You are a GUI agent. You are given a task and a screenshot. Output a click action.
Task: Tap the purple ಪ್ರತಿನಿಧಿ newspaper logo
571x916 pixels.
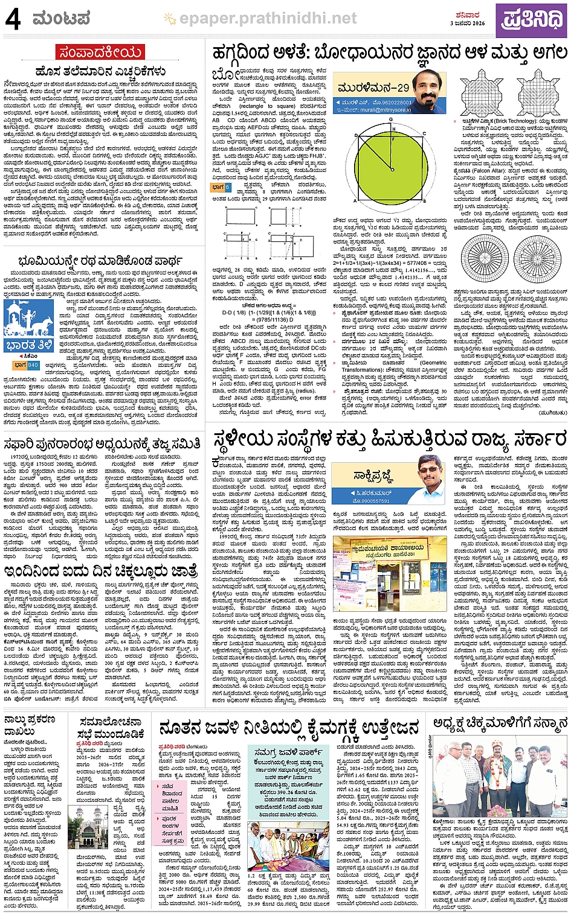[x=531, y=19]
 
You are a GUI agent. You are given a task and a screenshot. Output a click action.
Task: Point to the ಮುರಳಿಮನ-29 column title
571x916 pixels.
[x=372, y=87]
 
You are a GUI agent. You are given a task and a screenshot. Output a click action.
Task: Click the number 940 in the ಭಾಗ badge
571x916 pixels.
[x=33, y=365]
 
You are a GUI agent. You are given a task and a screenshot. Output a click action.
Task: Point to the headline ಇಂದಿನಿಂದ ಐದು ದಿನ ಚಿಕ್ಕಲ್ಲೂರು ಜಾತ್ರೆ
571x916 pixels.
[x=100, y=571]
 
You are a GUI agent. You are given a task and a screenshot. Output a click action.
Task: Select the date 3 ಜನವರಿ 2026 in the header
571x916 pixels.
[x=468, y=24]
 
